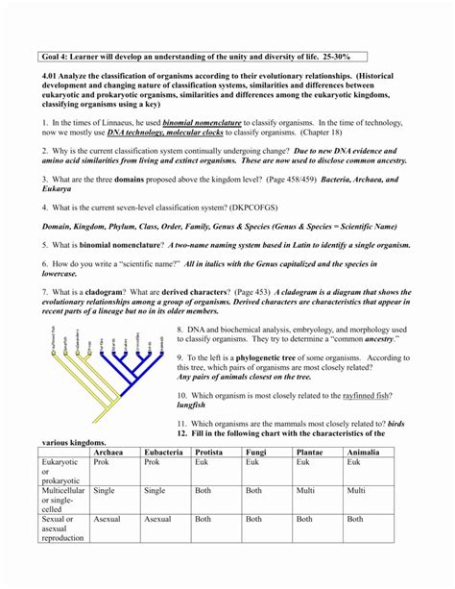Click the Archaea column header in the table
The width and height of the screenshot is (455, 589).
pyautogui.click(x=108, y=451)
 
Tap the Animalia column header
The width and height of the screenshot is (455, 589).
pyautogui.click(x=363, y=451)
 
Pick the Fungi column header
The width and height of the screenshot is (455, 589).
pyautogui.click(x=256, y=451)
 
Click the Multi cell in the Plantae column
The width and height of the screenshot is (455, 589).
pyautogui.click(x=305, y=490)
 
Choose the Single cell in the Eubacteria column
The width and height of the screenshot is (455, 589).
pyautogui.click(x=155, y=490)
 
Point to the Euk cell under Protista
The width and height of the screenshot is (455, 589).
pyautogui.click(x=203, y=462)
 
